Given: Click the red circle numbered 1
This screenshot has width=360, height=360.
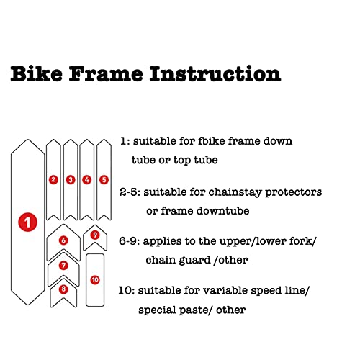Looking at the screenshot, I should click(x=27, y=223).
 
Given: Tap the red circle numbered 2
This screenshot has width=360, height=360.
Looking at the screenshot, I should click(x=53, y=179).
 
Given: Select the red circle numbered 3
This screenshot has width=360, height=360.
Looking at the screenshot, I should click(x=71, y=179).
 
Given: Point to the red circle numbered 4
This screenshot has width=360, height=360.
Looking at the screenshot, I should click(x=87, y=179).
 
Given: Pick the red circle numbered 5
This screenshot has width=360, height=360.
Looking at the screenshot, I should click(x=104, y=179).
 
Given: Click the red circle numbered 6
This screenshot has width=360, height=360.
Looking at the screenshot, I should click(x=63, y=240).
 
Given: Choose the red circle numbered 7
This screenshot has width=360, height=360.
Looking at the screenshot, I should click(x=63, y=266).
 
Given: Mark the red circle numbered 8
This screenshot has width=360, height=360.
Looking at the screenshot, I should click(x=63, y=289).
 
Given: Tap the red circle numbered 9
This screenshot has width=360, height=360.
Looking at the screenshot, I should click(x=95, y=235).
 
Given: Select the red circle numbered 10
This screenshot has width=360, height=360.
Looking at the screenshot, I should click(x=95, y=279).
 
